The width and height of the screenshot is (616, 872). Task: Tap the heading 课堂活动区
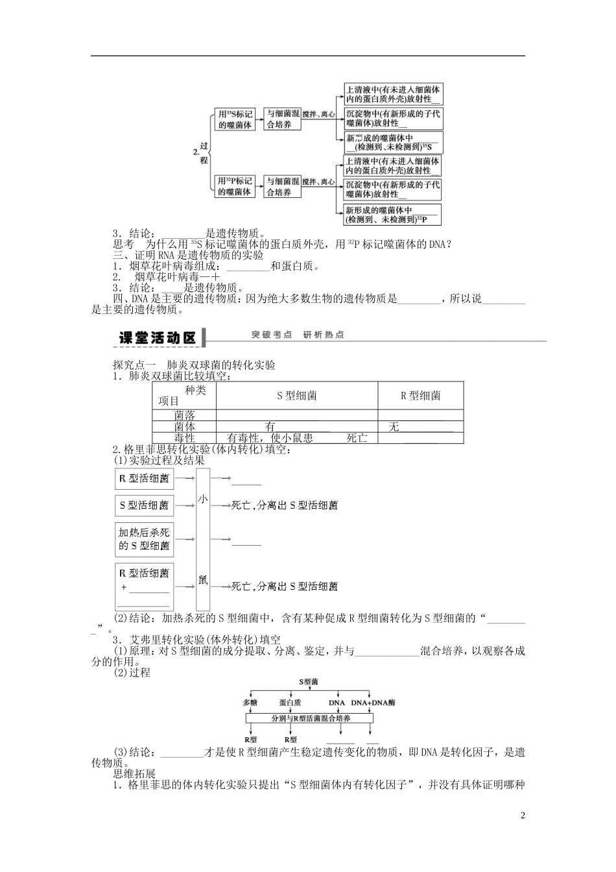click(158, 337)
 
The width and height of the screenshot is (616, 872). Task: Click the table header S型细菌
click(297, 396)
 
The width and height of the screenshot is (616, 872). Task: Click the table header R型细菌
click(421, 396)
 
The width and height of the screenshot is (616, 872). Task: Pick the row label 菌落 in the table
click(185, 415)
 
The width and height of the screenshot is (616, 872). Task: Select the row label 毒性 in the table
click(185, 438)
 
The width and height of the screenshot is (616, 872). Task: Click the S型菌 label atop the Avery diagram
click(309, 682)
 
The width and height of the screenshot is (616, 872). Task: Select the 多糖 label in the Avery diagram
click(250, 703)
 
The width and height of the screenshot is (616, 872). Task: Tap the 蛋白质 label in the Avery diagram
click(290, 703)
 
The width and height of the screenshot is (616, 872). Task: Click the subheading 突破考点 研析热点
click(298, 335)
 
